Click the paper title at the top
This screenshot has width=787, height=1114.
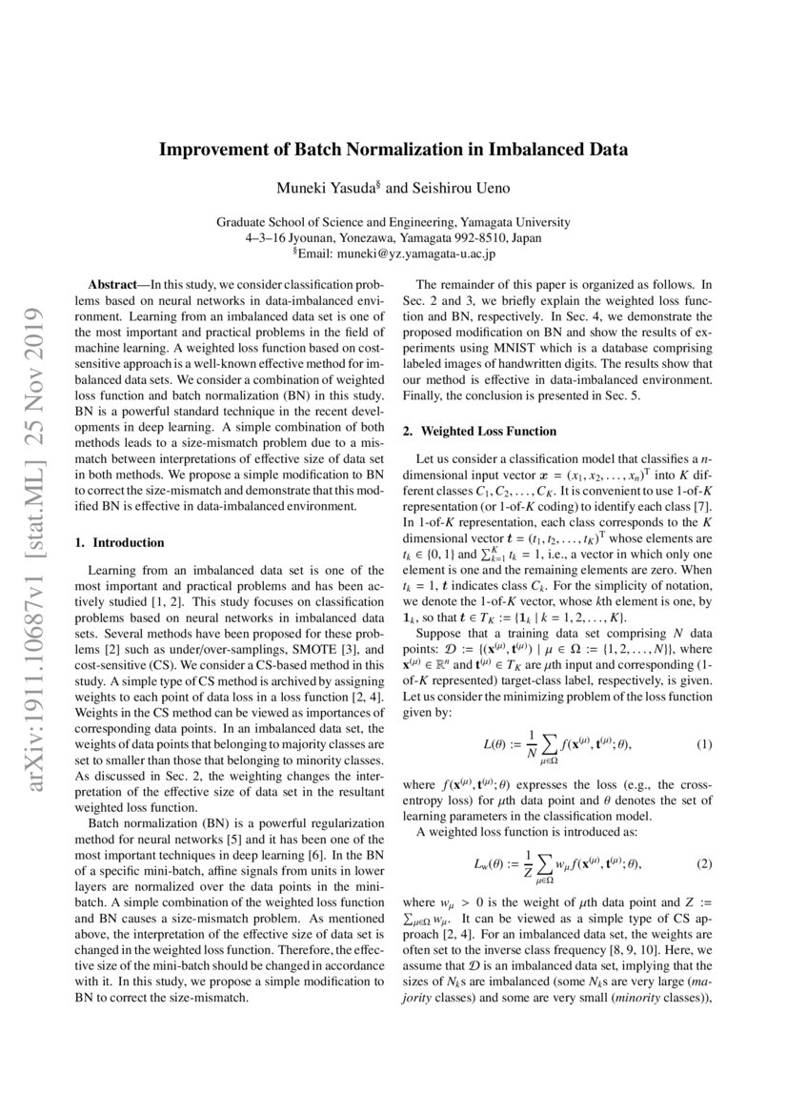point(393,150)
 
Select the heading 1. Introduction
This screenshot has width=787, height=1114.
point(119,542)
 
